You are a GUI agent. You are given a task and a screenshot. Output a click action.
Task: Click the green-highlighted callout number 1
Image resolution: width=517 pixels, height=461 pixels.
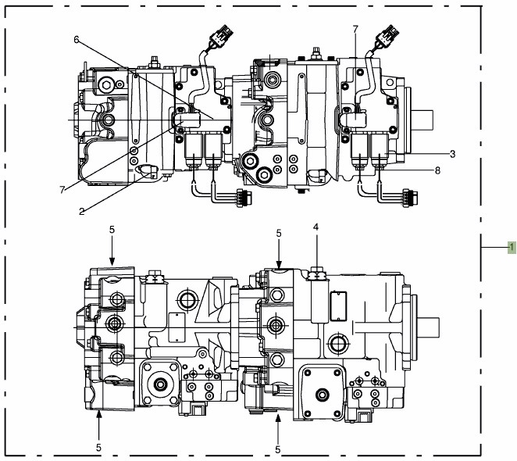(510, 247)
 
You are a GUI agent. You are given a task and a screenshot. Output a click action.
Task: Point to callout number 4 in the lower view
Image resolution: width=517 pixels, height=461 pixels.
(316, 227)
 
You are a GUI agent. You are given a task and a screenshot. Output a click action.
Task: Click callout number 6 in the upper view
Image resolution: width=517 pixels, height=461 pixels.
(77, 39)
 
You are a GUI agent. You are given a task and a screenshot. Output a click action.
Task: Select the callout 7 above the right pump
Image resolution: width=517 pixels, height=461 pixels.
(355, 30)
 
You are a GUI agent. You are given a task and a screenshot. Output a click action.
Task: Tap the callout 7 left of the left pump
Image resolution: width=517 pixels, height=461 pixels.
(61, 188)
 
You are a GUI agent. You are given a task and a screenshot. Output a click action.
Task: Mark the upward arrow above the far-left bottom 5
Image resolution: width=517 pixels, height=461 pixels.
(98, 420)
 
